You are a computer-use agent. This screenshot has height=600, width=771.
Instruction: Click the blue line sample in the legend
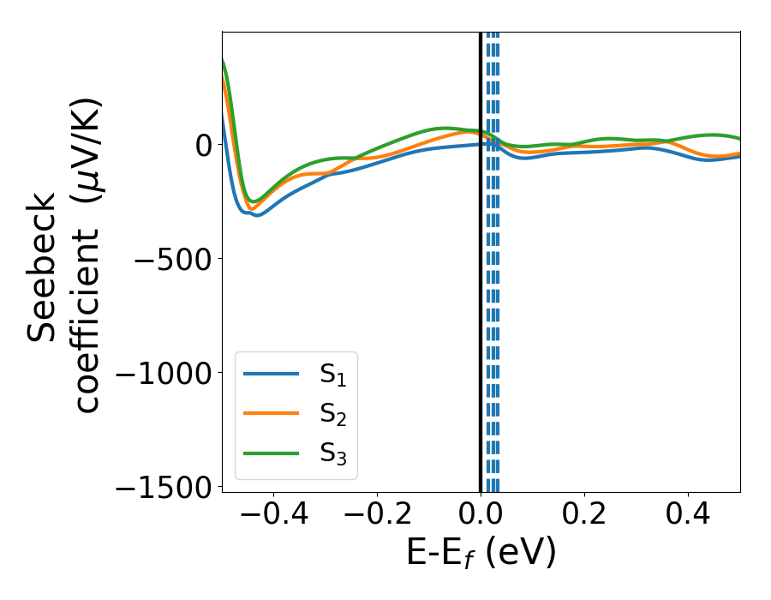271,375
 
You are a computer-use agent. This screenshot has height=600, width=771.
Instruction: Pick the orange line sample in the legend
271,414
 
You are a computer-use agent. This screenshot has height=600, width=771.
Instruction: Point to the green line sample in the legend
271,453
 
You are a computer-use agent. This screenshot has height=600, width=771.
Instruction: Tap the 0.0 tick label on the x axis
481,513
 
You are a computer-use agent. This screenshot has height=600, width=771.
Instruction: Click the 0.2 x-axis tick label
584,513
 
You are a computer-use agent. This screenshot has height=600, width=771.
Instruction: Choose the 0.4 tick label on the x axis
688,513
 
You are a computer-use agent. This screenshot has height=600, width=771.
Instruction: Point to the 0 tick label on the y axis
202,145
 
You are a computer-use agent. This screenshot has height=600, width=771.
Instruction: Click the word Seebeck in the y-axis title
43,266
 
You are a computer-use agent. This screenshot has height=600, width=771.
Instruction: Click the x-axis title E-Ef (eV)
481,553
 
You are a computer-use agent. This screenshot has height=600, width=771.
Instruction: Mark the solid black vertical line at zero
480,300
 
